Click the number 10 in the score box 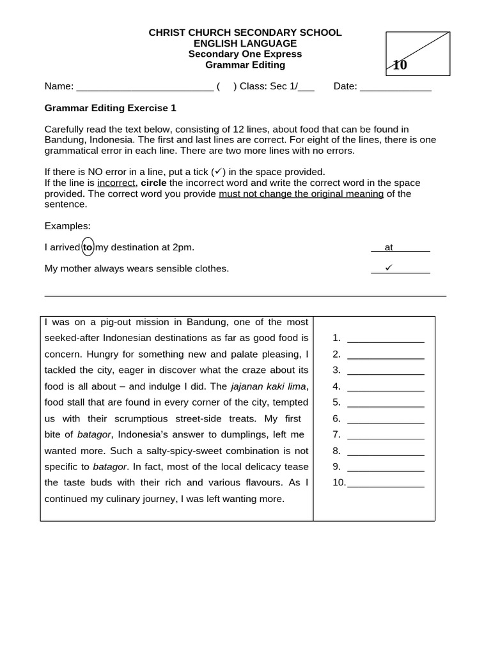(x=400, y=65)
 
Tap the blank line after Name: (x=144, y=87)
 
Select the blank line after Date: (x=396, y=87)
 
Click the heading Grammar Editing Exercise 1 (x=110, y=109)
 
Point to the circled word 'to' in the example (x=88, y=247)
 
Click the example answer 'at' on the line (x=389, y=247)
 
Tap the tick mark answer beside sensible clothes (x=388, y=268)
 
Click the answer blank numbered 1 (x=386, y=338)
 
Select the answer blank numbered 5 (x=386, y=403)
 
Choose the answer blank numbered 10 (x=386, y=483)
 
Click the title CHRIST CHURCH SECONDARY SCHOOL (x=245, y=33)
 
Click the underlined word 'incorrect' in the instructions (x=116, y=183)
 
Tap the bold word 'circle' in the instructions (x=153, y=183)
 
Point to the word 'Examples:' (x=67, y=226)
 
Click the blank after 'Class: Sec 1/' (x=306, y=87)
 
